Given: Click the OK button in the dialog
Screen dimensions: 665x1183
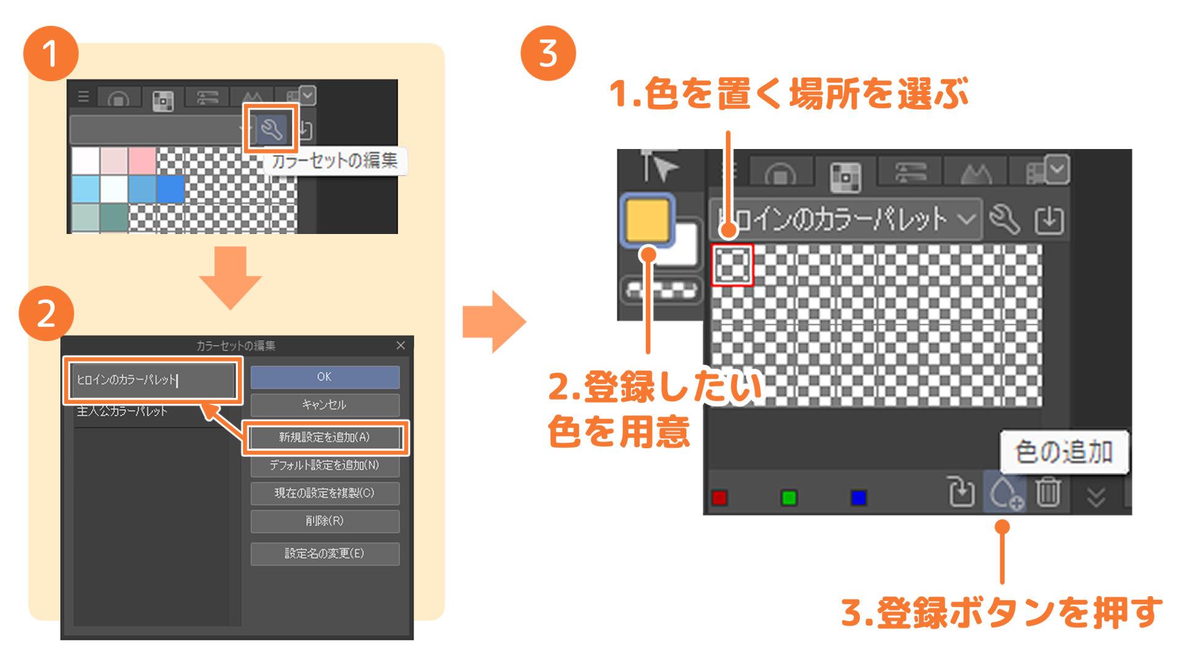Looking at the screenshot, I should click(325, 377).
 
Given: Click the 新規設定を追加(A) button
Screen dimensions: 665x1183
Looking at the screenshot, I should click(325, 438).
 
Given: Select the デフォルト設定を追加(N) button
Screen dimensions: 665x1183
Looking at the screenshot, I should click(325, 465).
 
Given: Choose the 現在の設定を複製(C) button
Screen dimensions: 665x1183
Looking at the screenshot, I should click(325, 493).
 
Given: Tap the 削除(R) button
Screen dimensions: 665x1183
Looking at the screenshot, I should click(325, 521).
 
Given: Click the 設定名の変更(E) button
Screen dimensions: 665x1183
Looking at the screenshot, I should click(325, 554).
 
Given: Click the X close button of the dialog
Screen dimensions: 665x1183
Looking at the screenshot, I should click(400, 345).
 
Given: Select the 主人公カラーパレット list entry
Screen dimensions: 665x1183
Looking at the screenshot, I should click(122, 411).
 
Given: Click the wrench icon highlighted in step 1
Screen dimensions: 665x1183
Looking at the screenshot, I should click(271, 129).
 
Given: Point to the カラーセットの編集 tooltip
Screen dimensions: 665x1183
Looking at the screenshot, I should click(335, 161).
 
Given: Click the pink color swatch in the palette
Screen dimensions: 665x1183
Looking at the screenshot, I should click(142, 161).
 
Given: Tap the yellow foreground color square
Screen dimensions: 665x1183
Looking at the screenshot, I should click(647, 220).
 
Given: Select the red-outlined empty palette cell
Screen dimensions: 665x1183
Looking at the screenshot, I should click(733, 265).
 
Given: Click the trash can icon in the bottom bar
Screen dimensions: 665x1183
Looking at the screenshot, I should click(1047, 493).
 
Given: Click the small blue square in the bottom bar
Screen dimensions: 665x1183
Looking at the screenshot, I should click(858, 498).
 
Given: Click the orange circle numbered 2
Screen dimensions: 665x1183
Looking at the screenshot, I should click(47, 314).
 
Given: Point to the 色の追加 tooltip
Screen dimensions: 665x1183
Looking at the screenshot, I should click(1063, 453).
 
